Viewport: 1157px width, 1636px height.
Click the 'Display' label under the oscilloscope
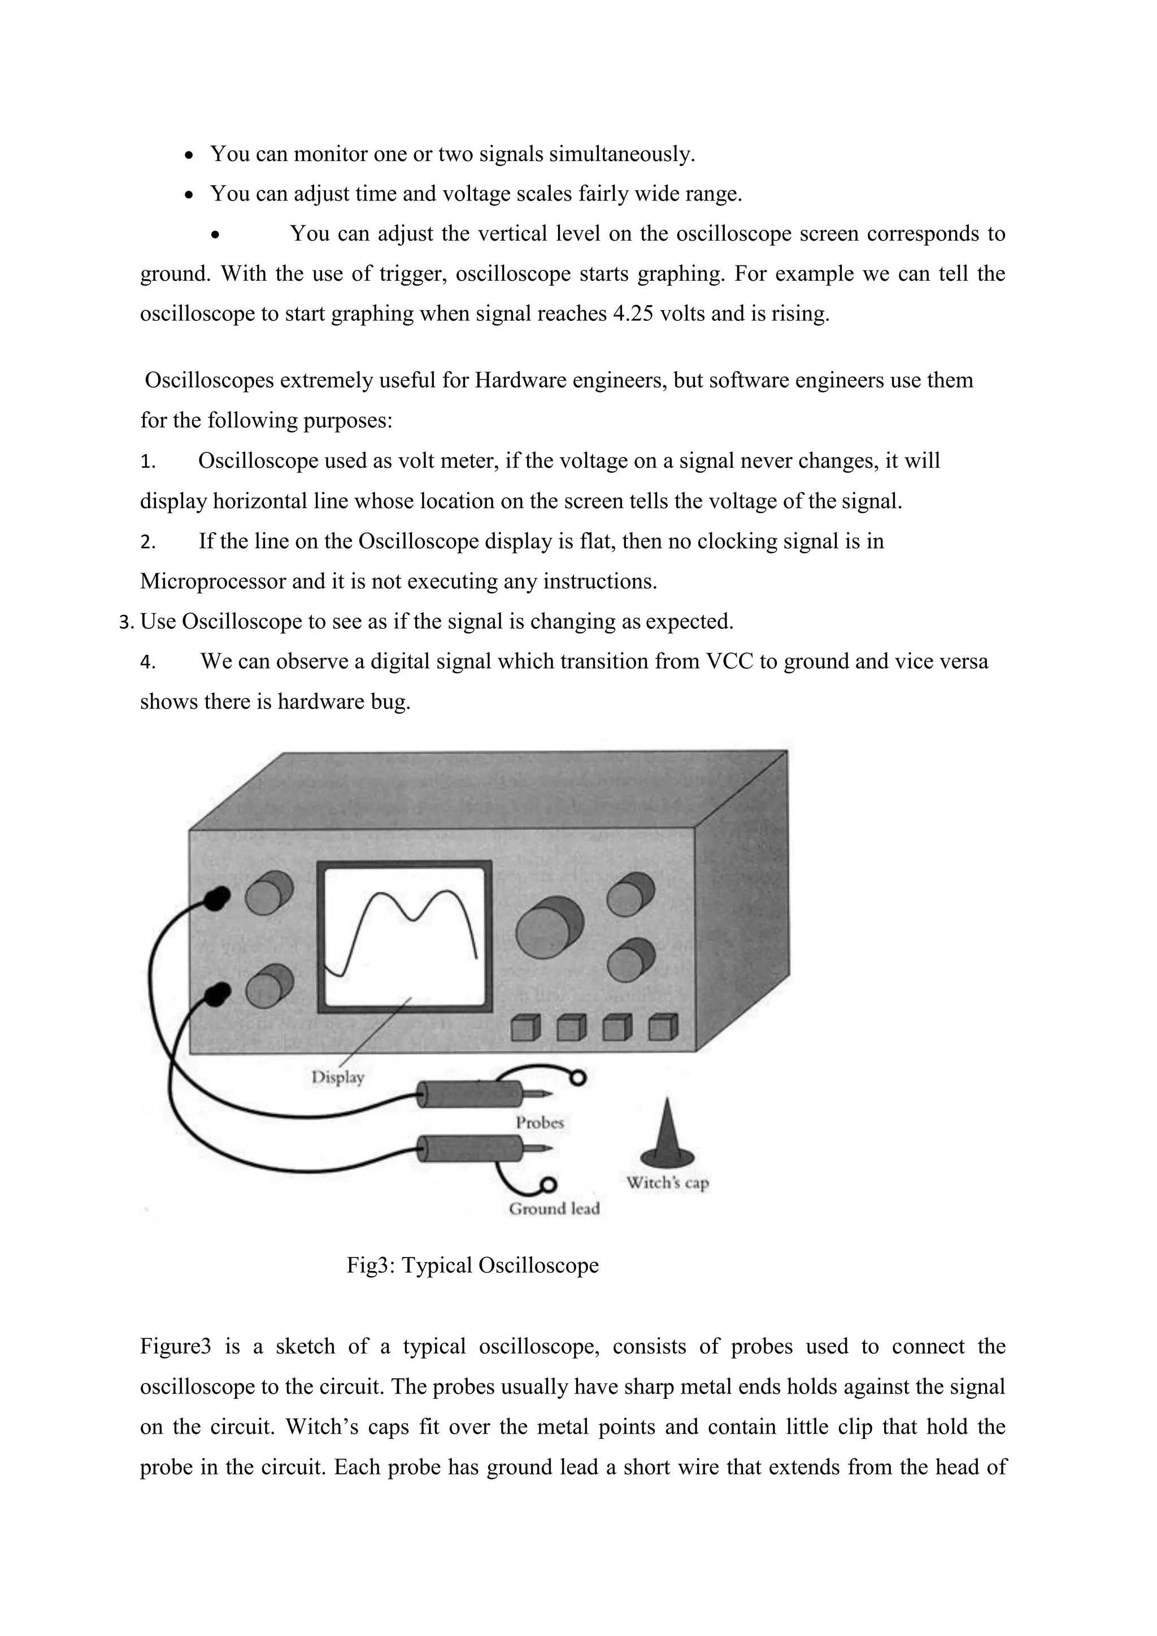point(338,1077)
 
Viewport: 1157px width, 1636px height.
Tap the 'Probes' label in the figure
point(540,1123)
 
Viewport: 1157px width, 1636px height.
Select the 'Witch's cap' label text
point(668,1183)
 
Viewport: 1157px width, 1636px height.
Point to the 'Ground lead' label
point(554,1208)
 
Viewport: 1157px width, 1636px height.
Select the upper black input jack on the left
point(216,899)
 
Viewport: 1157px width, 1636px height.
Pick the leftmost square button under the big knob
point(527,1028)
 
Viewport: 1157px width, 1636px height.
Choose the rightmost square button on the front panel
point(663,1028)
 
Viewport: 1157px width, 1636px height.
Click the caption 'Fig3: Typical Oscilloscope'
point(472,1265)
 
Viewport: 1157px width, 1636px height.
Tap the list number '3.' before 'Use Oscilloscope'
point(126,623)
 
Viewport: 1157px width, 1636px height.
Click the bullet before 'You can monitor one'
point(188,155)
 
